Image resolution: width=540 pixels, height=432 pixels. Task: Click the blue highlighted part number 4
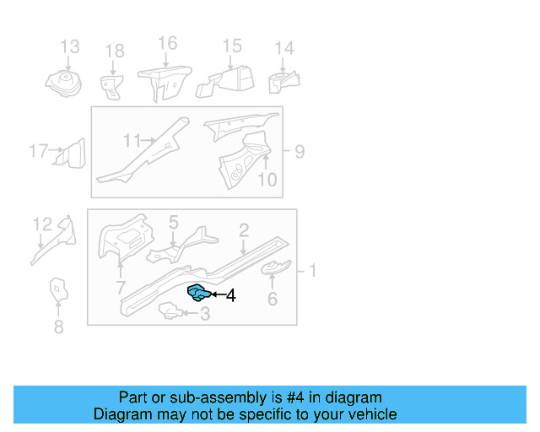coord(198,293)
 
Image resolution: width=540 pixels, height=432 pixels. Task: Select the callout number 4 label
coord(230,295)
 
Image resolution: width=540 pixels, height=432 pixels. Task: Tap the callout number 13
coord(69,46)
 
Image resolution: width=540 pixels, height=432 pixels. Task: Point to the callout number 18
coord(114,52)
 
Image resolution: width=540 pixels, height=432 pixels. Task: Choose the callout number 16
coord(167,43)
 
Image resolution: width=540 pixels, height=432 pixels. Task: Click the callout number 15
coord(231,46)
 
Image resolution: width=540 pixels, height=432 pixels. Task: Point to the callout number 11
coord(132,139)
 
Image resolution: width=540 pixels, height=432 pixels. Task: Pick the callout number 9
coord(300,152)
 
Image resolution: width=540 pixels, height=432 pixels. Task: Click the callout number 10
coord(267,179)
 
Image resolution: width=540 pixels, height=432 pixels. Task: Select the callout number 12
coord(42,224)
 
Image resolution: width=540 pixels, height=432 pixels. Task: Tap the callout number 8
coord(58,327)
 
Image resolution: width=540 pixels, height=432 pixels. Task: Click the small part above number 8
coord(57,289)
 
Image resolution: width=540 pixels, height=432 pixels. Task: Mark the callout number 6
coord(272,299)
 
